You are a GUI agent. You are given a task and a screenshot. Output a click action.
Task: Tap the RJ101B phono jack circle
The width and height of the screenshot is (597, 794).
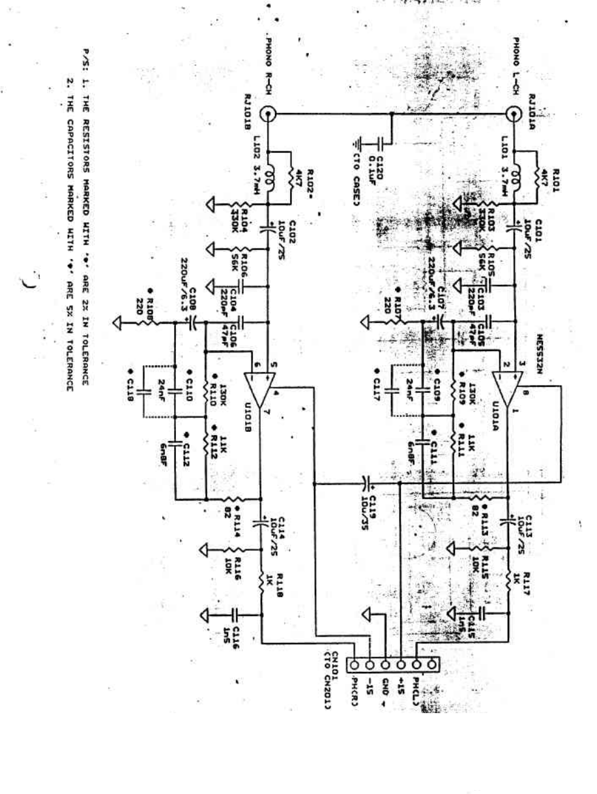tap(267, 115)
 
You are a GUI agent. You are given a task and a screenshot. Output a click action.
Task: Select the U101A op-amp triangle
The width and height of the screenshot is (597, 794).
tap(508, 384)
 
